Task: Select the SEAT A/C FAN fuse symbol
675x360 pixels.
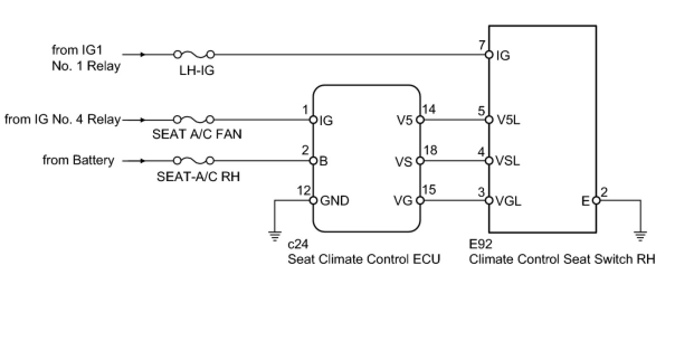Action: coord(194,120)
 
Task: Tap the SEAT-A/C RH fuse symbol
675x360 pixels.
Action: coord(194,161)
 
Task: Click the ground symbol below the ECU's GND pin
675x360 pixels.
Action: coord(274,236)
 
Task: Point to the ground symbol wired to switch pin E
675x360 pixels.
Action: coord(640,236)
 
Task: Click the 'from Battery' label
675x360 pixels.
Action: coord(78,161)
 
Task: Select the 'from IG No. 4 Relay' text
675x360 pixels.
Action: coord(63,120)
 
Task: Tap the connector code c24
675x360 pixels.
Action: coord(298,245)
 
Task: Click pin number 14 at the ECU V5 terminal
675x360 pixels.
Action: coord(430,110)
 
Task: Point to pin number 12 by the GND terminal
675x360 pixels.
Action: coord(304,191)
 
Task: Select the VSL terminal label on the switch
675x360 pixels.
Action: coord(508,161)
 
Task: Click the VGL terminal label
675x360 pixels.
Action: coord(508,201)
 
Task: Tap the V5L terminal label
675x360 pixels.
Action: coord(508,120)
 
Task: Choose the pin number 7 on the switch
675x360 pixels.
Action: coord(482,45)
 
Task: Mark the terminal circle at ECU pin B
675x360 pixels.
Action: coord(313,161)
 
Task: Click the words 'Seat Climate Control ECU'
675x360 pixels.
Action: coord(364,259)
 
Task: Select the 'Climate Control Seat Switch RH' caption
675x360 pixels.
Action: coord(562,259)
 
